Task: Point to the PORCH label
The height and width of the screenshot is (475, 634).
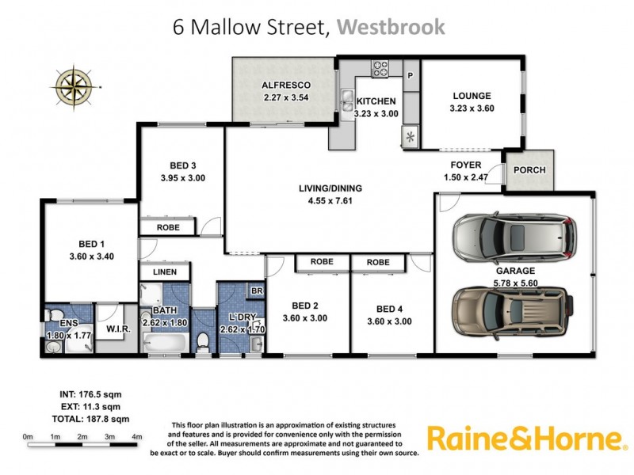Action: [x=529, y=170]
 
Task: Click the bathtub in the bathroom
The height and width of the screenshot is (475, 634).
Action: [x=166, y=342]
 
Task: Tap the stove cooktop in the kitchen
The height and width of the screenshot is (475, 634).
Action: [x=380, y=68]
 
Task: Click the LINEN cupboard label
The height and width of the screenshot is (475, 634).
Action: [x=165, y=272]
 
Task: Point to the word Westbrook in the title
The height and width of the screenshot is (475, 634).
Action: [x=391, y=27]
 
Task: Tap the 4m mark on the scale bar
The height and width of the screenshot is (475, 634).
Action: [x=137, y=436]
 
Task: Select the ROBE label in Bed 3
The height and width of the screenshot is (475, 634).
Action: [x=168, y=227]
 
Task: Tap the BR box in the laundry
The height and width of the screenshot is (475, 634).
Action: [x=256, y=291]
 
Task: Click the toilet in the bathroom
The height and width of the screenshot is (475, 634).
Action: [x=202, y=341]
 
